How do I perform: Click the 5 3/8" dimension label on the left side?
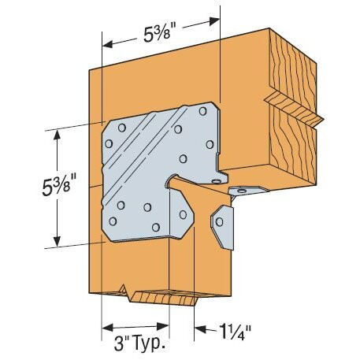pyautogui.click(x=27, y=189)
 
